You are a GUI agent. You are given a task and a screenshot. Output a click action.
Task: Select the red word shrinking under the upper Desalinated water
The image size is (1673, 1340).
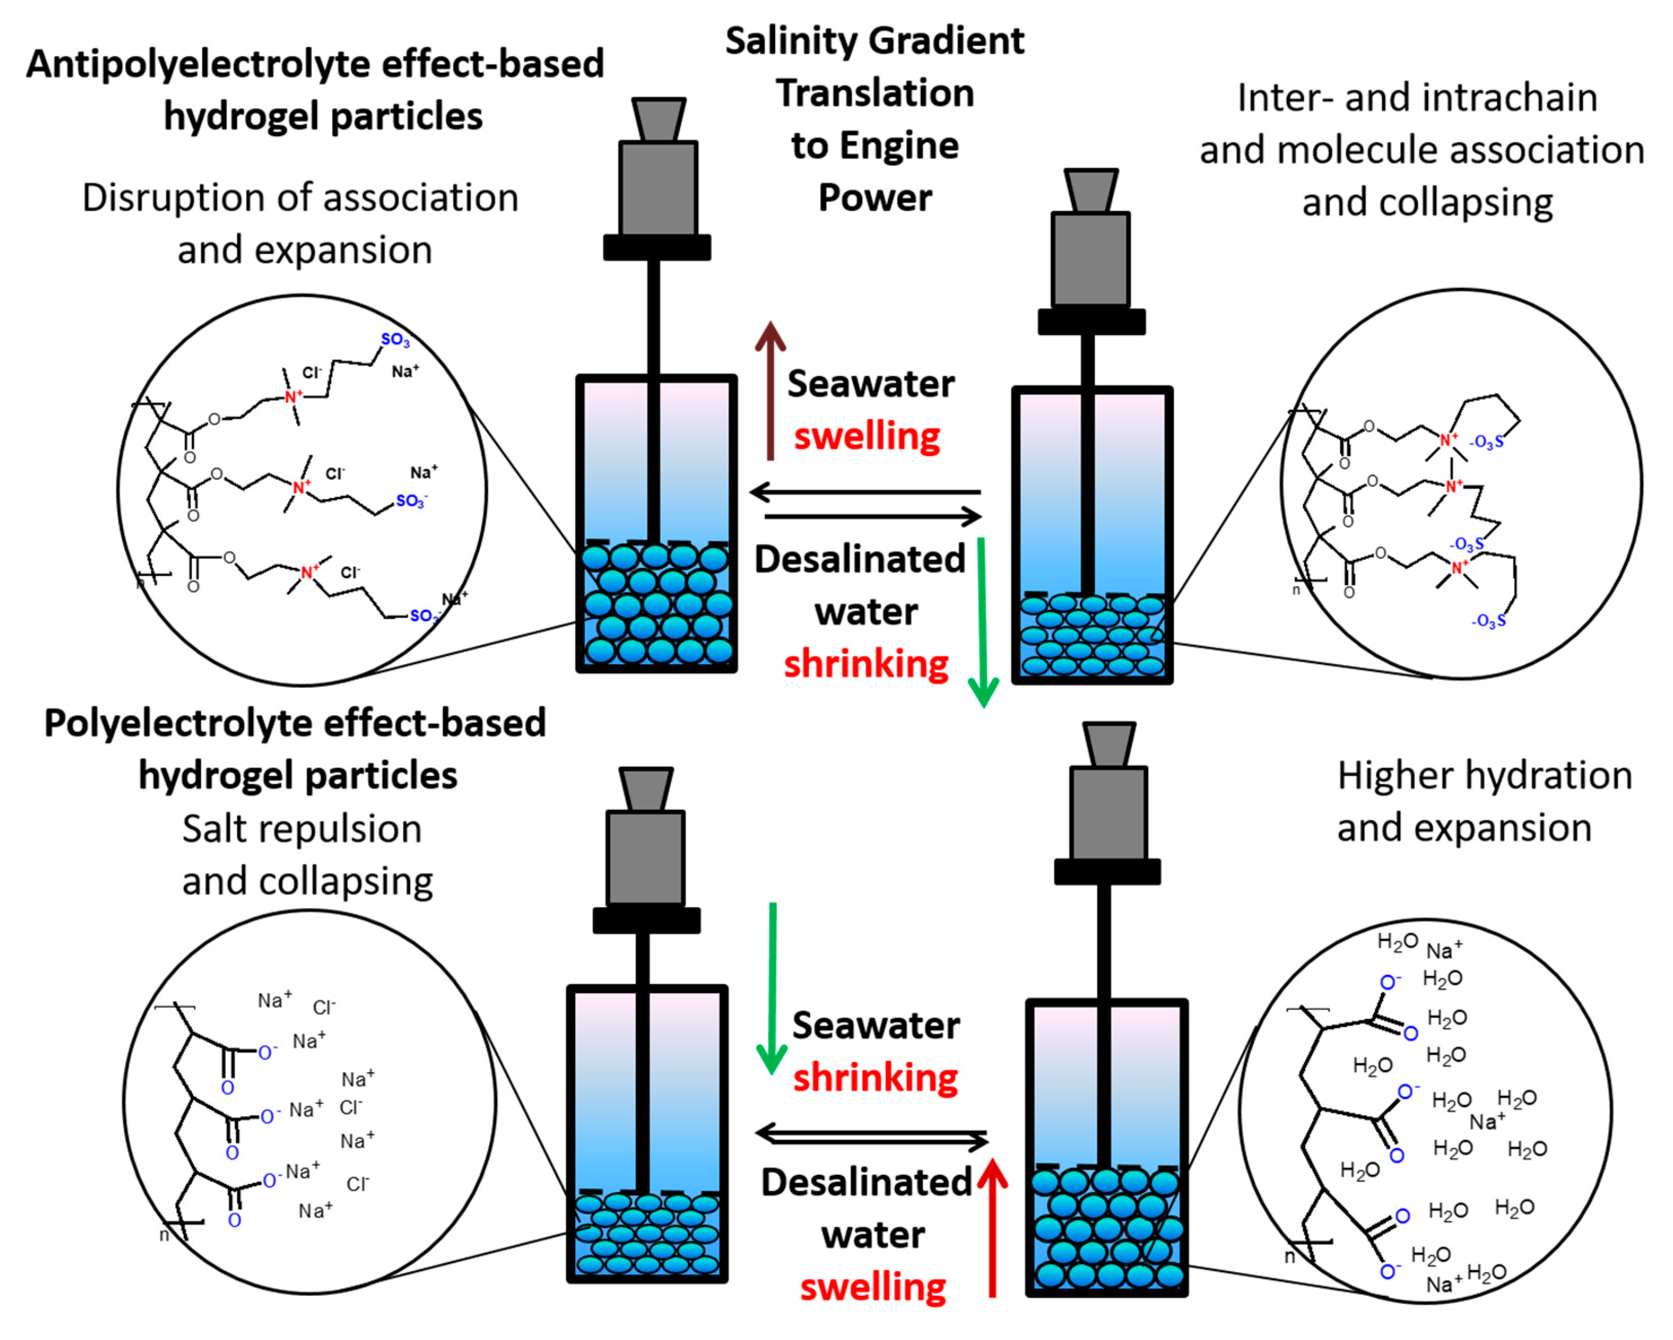866,665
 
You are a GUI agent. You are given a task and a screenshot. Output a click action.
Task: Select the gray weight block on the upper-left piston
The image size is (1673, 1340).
658,188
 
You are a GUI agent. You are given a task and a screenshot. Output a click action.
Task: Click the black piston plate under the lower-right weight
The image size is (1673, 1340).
1107,871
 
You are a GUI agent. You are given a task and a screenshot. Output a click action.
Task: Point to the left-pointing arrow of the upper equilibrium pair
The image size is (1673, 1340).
865,491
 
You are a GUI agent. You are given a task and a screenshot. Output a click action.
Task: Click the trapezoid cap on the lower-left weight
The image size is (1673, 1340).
646,789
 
